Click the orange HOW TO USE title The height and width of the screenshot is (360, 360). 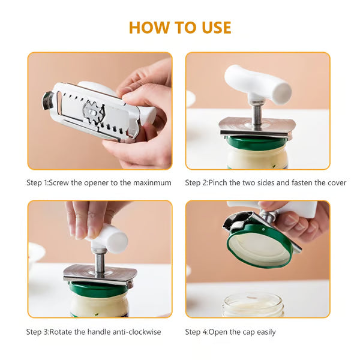[180, 27]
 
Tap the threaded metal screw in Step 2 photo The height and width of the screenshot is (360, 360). [256, 113]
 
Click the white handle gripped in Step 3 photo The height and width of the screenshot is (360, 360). [110, 238]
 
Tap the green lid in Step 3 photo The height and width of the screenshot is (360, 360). [99, 289]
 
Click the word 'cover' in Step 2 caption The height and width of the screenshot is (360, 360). [335, 182]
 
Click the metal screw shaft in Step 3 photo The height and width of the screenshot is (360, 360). [100, 262]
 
